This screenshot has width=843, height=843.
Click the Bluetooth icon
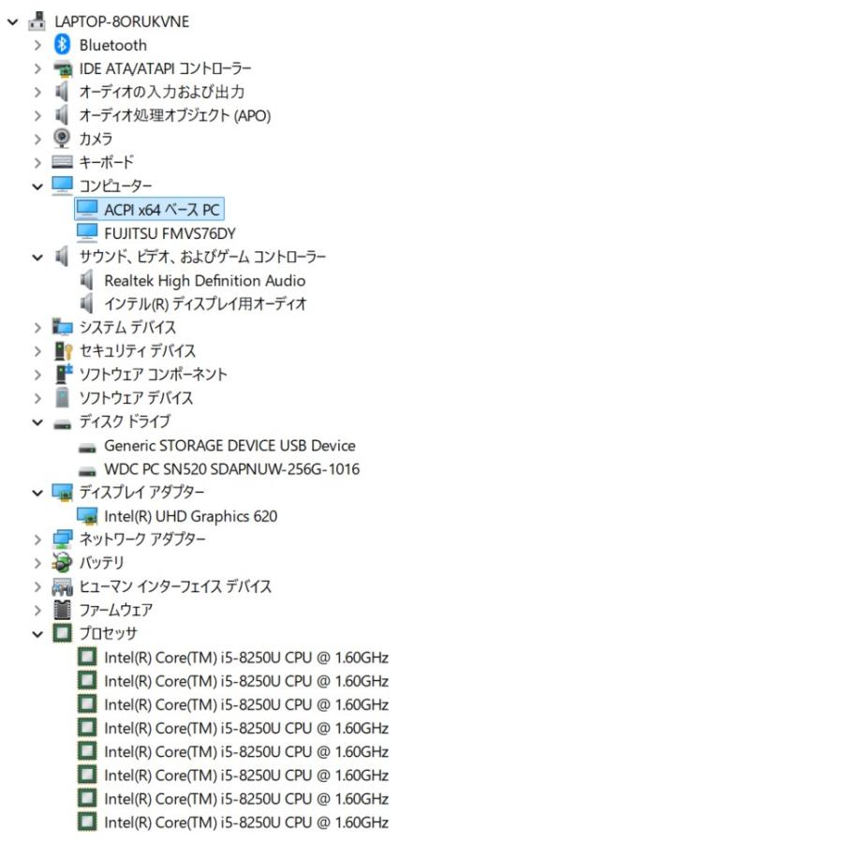point(63,45)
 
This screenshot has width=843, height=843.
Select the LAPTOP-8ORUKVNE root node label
point(122,22)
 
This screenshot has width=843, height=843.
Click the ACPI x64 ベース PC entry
point(162,209)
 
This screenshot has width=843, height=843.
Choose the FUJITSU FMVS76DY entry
point(170,233)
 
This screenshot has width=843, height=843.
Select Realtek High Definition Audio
point(205,281)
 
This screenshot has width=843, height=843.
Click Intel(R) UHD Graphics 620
point(191,516)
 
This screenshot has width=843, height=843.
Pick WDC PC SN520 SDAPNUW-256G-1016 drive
point(231,469)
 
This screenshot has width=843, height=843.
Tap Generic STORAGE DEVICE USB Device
point(229,446)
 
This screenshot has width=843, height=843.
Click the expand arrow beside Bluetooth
point(37,45)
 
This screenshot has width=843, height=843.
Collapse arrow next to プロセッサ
point(37,634)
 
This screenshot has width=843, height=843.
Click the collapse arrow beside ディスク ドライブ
point(37,422)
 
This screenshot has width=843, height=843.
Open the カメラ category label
point(96,139)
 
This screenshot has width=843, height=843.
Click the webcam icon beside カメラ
point(62,139)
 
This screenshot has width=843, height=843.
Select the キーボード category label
point(107,162)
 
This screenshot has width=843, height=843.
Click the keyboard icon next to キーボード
point(63,162)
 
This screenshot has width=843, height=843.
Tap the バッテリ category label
point(101,563)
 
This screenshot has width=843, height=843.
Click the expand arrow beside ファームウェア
point(37,610)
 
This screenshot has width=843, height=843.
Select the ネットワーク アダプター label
point(142,540)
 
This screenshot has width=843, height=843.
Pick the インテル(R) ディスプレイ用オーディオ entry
point(205,303)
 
